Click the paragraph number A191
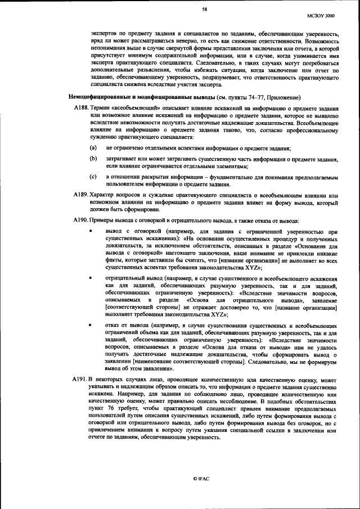click(x=81, y=380)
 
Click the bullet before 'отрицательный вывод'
click(x=92, y=278)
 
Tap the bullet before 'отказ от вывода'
click(x=92, y=325)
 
